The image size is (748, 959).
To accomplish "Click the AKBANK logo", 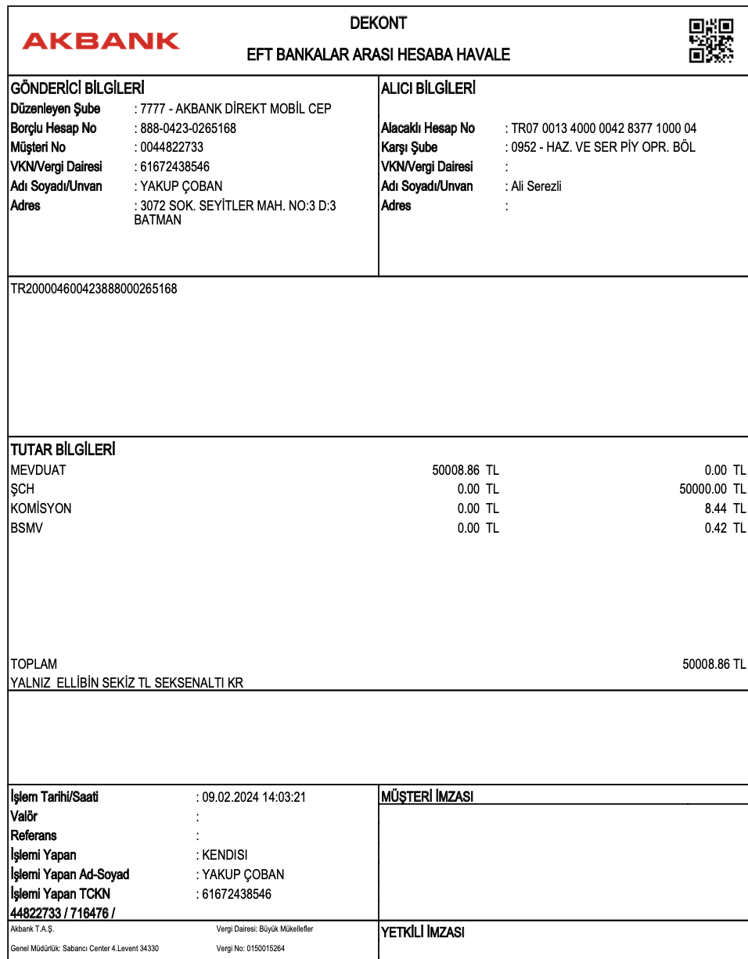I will [x=101, y=41].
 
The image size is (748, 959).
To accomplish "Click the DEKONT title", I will [x=378, y=23].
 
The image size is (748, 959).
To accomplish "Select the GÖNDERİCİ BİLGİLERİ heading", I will [x=77, y=89].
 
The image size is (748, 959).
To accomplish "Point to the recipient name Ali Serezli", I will [x=536, y=186].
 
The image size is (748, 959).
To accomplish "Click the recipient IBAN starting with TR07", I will [x=603, y=128].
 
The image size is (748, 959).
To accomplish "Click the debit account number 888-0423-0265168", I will [x=188, y=128].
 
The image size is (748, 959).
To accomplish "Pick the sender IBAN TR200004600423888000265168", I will [x=94, y=289].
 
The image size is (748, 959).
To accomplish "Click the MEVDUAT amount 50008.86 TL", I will [x=465, y=470].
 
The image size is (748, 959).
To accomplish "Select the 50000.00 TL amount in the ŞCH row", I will [x=713, y=490].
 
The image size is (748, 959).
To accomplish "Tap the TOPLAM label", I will [x=34, y=664].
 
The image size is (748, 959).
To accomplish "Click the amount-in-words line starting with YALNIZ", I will [x=127, y=683].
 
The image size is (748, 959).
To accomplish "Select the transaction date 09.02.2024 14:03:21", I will [x=254, y=797].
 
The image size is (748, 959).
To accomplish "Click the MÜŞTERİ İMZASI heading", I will [x=427, y=797].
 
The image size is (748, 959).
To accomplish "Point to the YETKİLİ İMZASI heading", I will [x=423, y=932].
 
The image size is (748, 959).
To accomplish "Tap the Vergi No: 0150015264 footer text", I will [x=250, y=948].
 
